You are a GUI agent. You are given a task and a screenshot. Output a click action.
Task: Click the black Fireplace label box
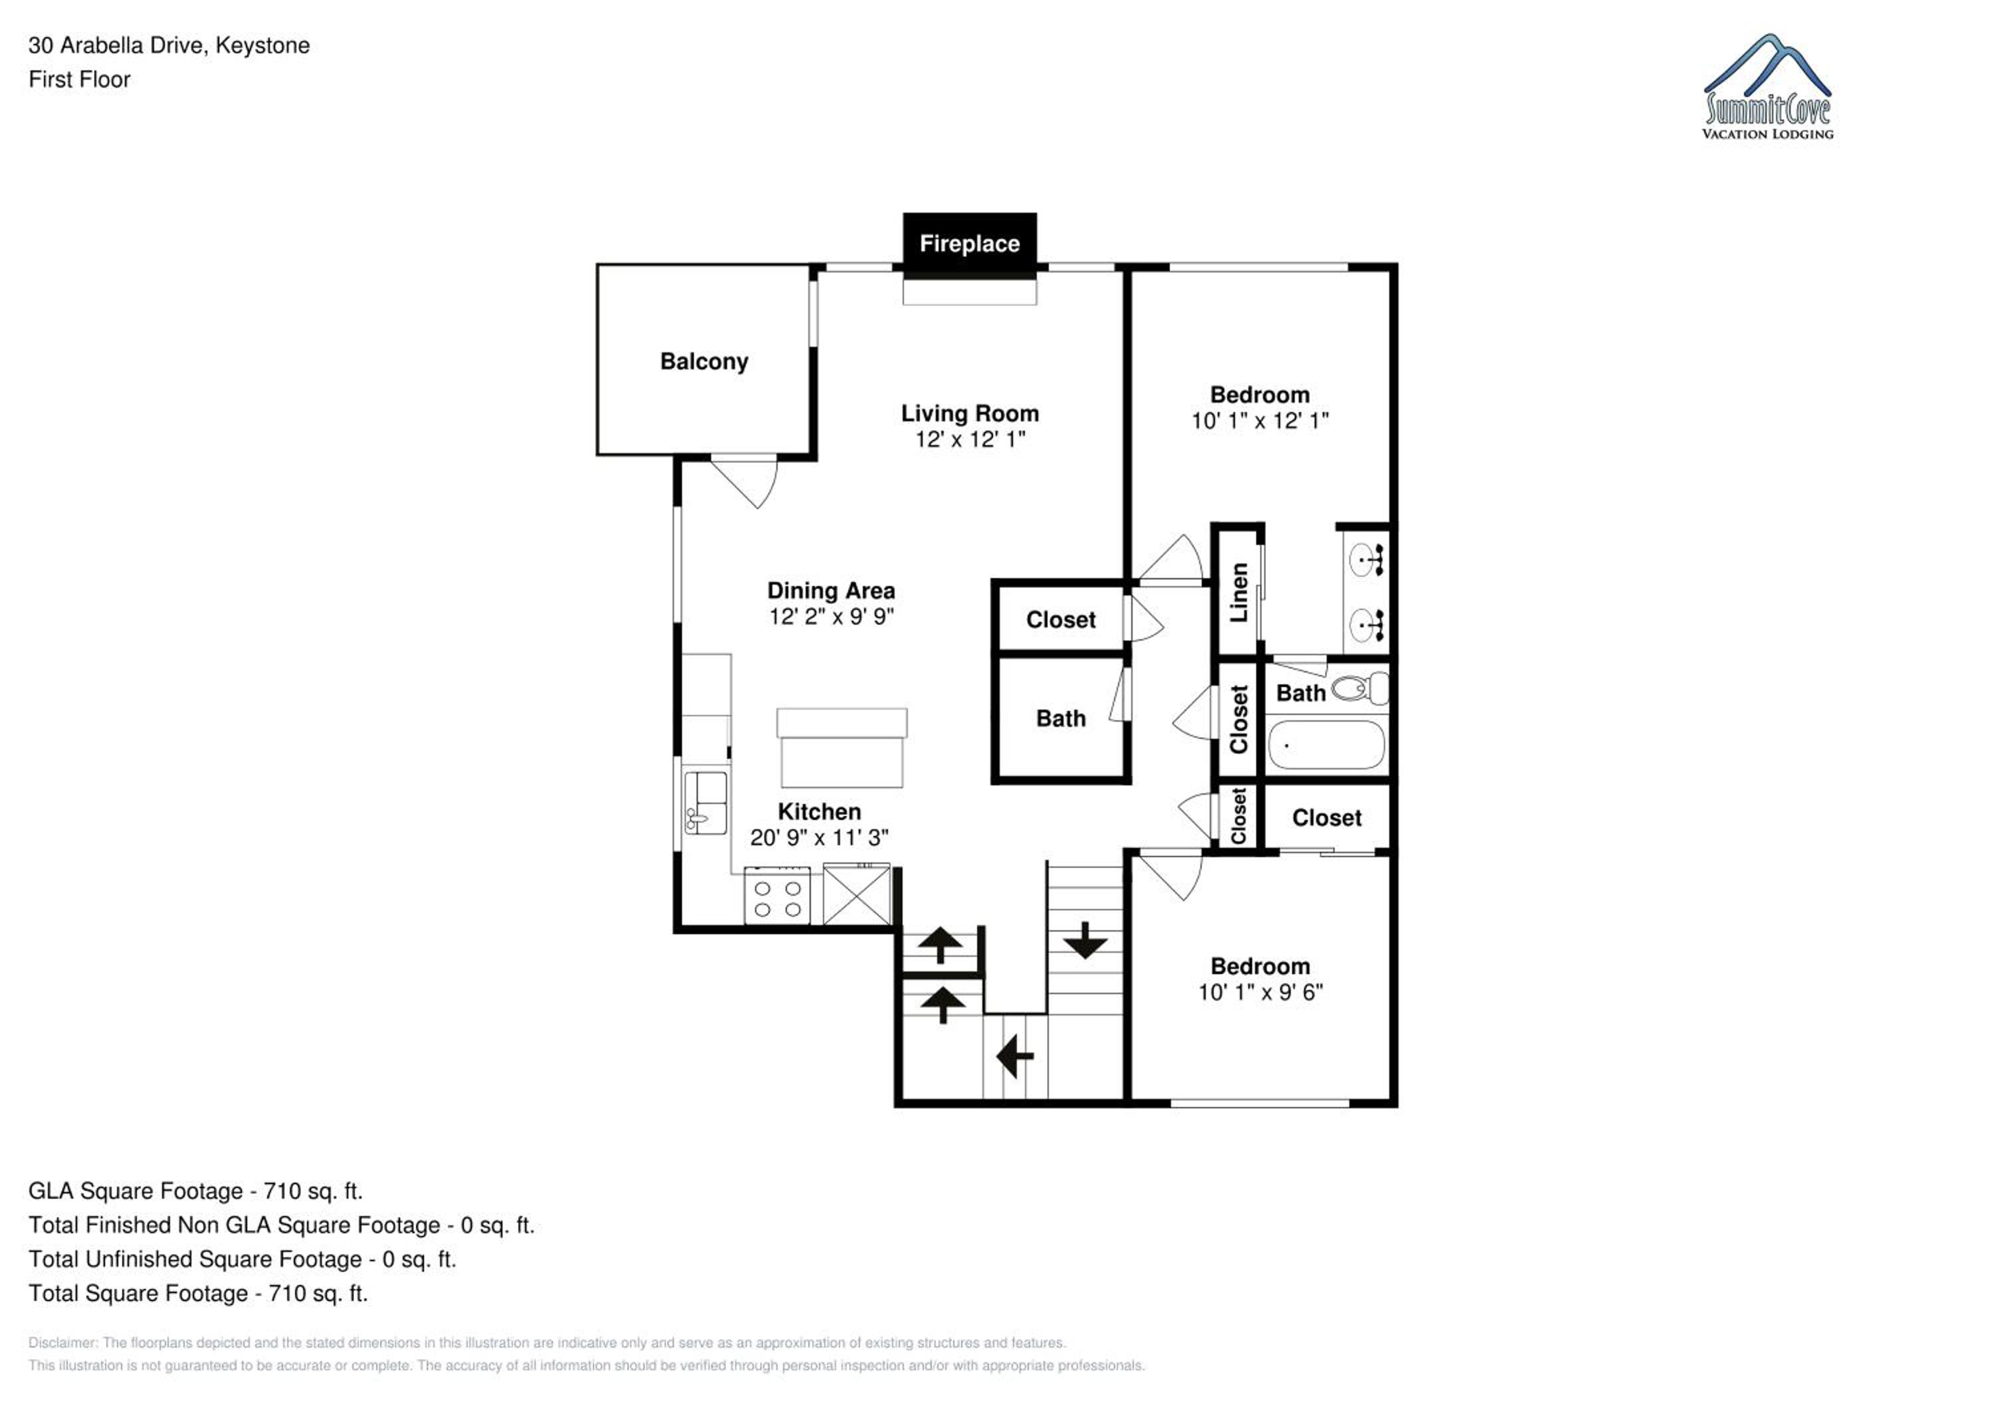969,244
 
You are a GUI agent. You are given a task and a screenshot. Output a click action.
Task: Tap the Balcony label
705,361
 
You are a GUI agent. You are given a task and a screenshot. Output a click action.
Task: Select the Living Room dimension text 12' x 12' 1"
970,439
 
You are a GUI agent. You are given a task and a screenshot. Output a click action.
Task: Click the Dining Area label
831,591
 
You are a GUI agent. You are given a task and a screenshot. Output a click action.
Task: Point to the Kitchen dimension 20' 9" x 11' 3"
819,837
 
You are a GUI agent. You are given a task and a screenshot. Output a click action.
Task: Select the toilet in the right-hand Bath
1360,689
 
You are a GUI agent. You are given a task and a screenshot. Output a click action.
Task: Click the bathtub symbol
1326,745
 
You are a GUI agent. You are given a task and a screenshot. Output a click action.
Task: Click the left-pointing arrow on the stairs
1014,1057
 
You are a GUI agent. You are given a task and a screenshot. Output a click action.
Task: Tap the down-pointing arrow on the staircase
1085,940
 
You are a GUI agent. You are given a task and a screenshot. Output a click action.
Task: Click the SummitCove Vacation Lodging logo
1768,87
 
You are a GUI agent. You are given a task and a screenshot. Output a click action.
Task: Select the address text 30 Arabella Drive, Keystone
169,45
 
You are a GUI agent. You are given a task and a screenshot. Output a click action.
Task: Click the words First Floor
79,79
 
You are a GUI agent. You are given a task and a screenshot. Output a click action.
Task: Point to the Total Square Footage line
198,1294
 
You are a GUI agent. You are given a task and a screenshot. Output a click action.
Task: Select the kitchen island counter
841,748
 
